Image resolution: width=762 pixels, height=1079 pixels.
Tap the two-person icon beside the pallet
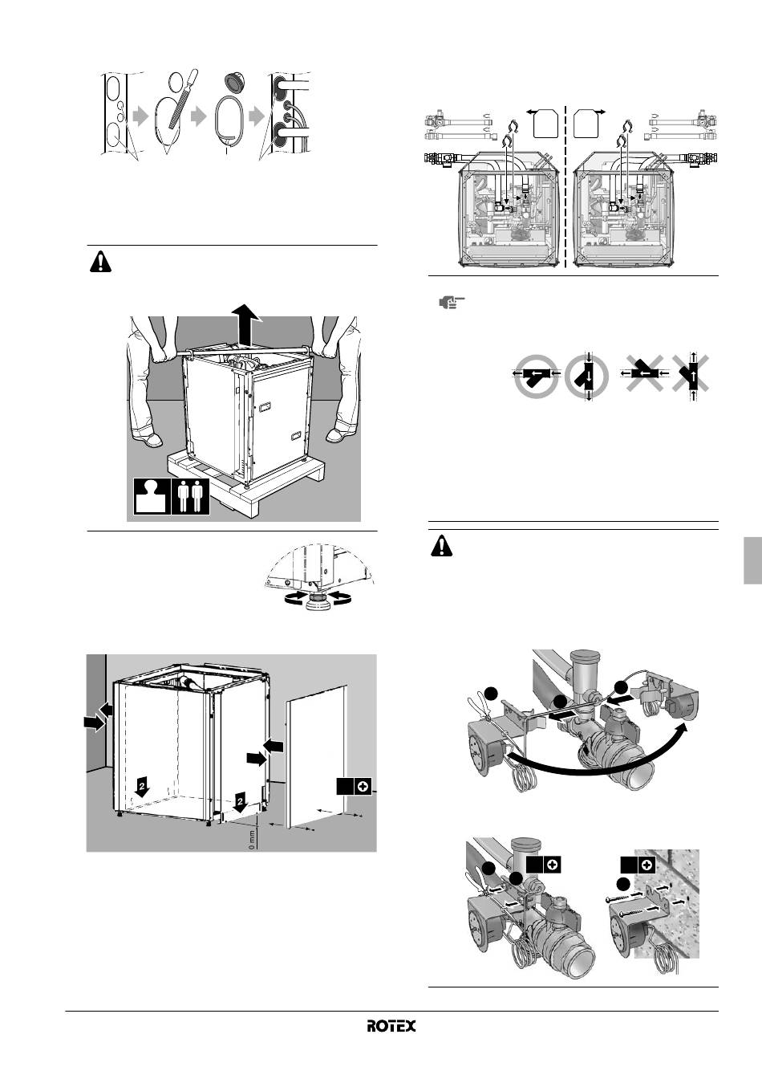coord(191,497)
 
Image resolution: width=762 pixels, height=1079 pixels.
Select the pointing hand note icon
coord(451,303)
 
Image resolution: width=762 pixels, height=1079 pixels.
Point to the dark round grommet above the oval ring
coord(235,81)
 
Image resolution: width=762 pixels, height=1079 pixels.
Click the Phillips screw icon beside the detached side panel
coord(363,787)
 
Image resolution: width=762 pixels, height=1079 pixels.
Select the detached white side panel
coord(316,757)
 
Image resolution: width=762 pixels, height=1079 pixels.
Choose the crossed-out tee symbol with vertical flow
coord(692,377)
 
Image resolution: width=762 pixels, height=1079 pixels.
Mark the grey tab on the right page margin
coord(753,560)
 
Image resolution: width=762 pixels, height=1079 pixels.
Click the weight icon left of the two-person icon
coord(152,497)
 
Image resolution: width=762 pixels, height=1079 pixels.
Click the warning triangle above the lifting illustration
coord(100,263)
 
